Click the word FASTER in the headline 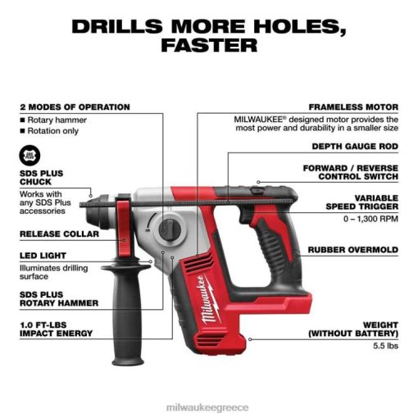point(209,45)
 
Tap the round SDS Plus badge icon point(30,155)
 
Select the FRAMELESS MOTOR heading point(353,107)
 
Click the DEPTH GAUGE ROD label point(355,147)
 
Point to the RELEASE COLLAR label point(59,234)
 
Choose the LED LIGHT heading point(43,256)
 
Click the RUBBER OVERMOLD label point(353,250)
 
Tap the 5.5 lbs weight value point(385,346)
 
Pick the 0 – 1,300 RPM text point(370,219)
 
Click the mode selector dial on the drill point(170,230)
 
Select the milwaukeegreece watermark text point(207,407)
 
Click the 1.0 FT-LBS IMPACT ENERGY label point(56,329)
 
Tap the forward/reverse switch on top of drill point(257,189)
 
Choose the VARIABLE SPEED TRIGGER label point(362,202)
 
